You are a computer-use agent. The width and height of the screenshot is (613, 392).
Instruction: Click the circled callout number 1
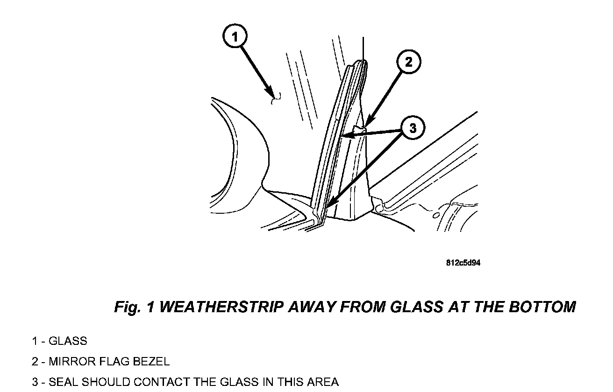click(235, 36)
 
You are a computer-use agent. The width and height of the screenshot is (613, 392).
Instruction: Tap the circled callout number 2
click(409, 62)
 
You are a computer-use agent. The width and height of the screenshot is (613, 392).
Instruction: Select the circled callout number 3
click(412, 127)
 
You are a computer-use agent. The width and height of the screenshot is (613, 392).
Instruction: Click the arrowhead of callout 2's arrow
click(367, 125)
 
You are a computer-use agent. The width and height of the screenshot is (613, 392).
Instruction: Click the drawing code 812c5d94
click(463, 263)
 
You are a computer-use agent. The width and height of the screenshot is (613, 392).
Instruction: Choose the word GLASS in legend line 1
click(68, 341)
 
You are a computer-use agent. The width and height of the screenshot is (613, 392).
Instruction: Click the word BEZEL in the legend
click(151, 362)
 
